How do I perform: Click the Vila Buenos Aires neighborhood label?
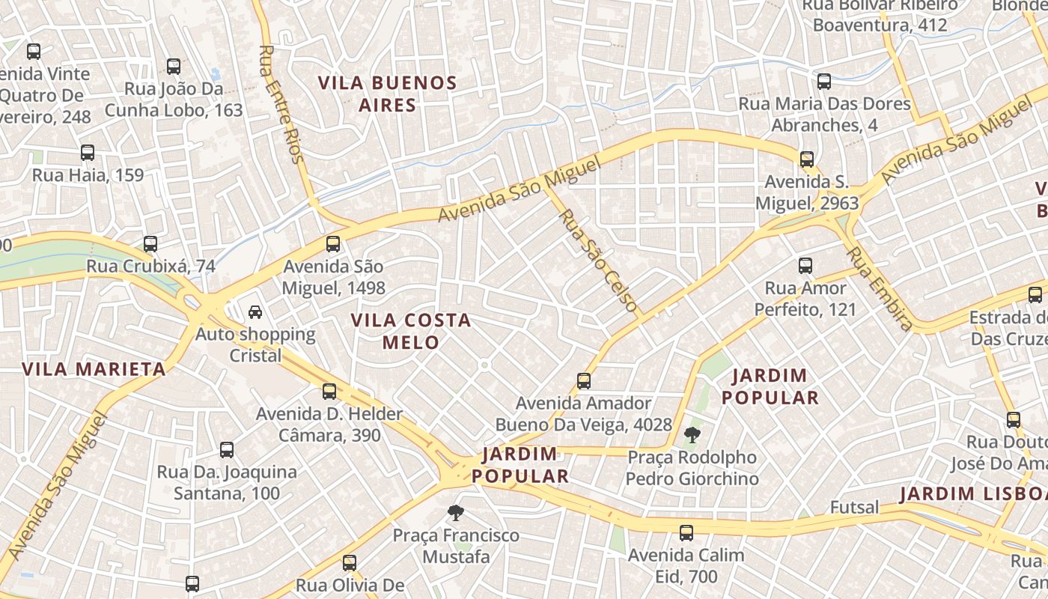pyautogui.click(x=387, y=94)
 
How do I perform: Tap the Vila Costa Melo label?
pyautogui.click(x=411, y=331)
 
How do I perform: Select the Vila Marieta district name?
pyautogui.click(x=94, y=369)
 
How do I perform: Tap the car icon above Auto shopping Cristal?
pyautogui.click(x=255, y=312)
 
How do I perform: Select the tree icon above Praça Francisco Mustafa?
pyautogui.click(x=455, y=513)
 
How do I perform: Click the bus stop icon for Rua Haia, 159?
pyautogui.click(x=88, y=153)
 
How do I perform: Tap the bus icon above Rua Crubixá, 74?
pyautogui.click(x=150, y=244)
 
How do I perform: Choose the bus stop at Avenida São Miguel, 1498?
pyautogui.click(x=333, y=244)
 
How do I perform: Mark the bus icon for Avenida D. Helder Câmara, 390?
pyautogui.click(x=329, y=392)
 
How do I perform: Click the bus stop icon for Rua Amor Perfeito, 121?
pyautogui.click(x=805, y=266)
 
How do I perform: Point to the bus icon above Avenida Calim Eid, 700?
pyautogui.click(x=686, y=533)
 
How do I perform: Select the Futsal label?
pyautogui.click(x=854, y=508)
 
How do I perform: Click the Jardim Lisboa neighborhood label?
pyautogui.click(x=973, y=494)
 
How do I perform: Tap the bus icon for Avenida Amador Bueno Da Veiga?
pyautogui.click(x=584, y=381)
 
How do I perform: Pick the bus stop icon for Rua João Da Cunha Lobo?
pyautogui.click(x=174, y=67)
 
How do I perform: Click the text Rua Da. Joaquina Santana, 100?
pyautogui.click(x=227, y=483)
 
